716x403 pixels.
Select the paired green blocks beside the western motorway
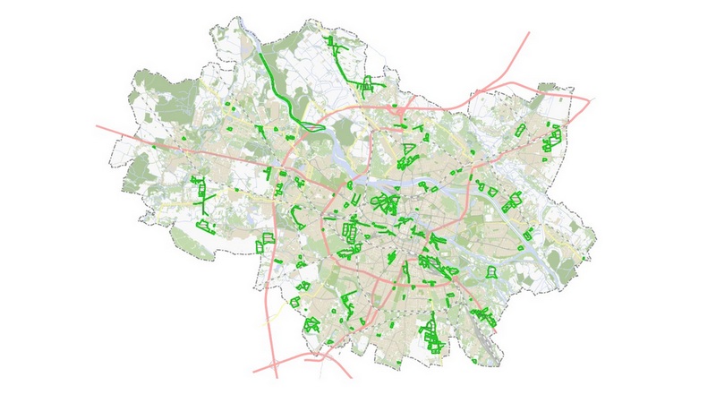(x=264, y=242)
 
